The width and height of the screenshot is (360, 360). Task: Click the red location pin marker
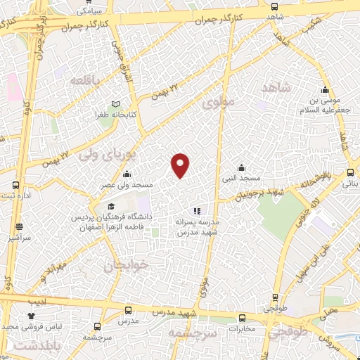coord(181,165)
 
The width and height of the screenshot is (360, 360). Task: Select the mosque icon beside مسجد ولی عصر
coord(126,174)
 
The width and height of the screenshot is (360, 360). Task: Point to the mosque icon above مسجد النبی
coord(241,168)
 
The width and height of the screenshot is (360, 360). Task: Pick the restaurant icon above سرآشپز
coord(19,227)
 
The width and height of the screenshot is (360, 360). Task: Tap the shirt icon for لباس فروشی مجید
coord(30,317)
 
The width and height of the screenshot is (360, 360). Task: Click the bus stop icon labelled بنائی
coord(349,172)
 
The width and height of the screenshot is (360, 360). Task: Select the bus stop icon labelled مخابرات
coord(242,317)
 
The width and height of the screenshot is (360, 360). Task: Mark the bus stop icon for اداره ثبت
coord(15,186)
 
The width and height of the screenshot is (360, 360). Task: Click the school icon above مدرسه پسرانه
coord(197,210)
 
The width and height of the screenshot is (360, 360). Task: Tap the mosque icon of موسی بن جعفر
coord(325,90)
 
